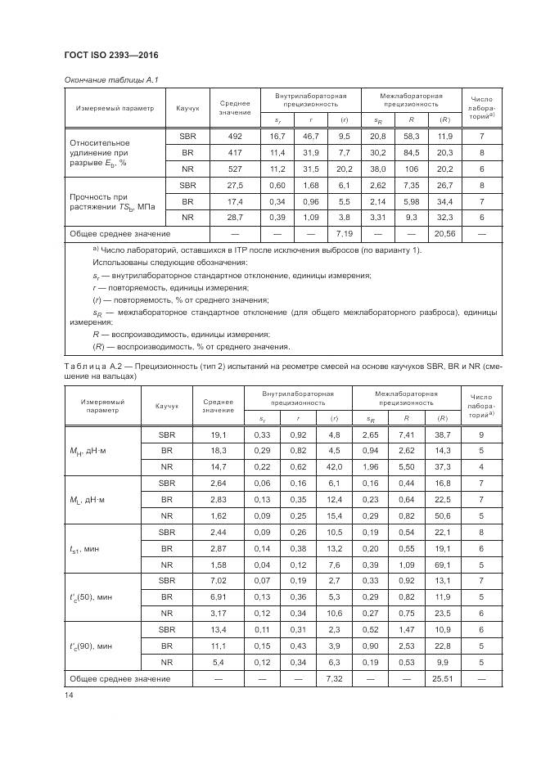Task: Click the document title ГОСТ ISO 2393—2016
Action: [x=110, y=55]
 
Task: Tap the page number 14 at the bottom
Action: [x=68, y=695]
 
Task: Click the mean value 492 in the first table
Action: [x=235, y=136]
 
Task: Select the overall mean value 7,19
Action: [x=344, y=234]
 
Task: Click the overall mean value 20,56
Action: [x=444, y=234]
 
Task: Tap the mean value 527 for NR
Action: [x=235, y=169]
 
